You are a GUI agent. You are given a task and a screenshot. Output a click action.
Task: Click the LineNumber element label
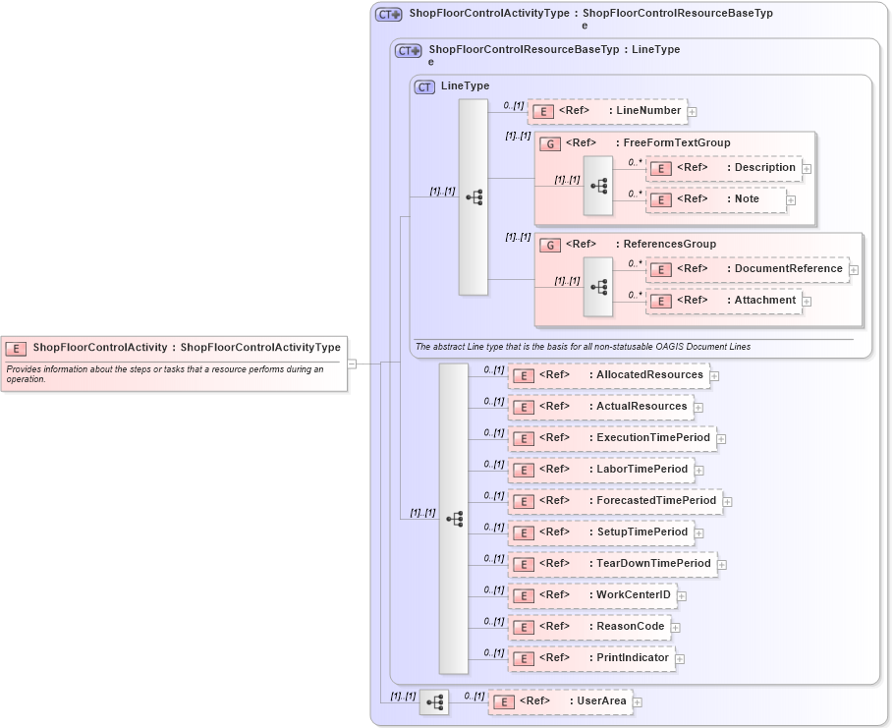pos(647,111)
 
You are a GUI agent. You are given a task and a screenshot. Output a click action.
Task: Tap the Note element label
pos(747,199)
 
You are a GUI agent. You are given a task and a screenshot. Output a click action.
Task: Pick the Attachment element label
pos(764,301)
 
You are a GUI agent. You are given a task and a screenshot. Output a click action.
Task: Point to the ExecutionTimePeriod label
pos(652,438)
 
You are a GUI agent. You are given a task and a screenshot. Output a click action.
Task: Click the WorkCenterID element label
pos(633,595)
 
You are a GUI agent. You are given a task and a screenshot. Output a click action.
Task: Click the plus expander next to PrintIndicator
pos(680,659)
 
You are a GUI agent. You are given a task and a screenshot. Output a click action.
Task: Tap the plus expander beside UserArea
pos(637,702)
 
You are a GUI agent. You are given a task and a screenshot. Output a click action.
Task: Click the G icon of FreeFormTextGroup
pos(551,143)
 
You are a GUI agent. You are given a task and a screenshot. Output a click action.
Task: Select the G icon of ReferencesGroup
pos(551,245)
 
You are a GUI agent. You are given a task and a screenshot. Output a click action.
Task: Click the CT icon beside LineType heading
pos(424,86)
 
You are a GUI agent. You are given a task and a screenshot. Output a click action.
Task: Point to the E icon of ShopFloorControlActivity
pos(16,348)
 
